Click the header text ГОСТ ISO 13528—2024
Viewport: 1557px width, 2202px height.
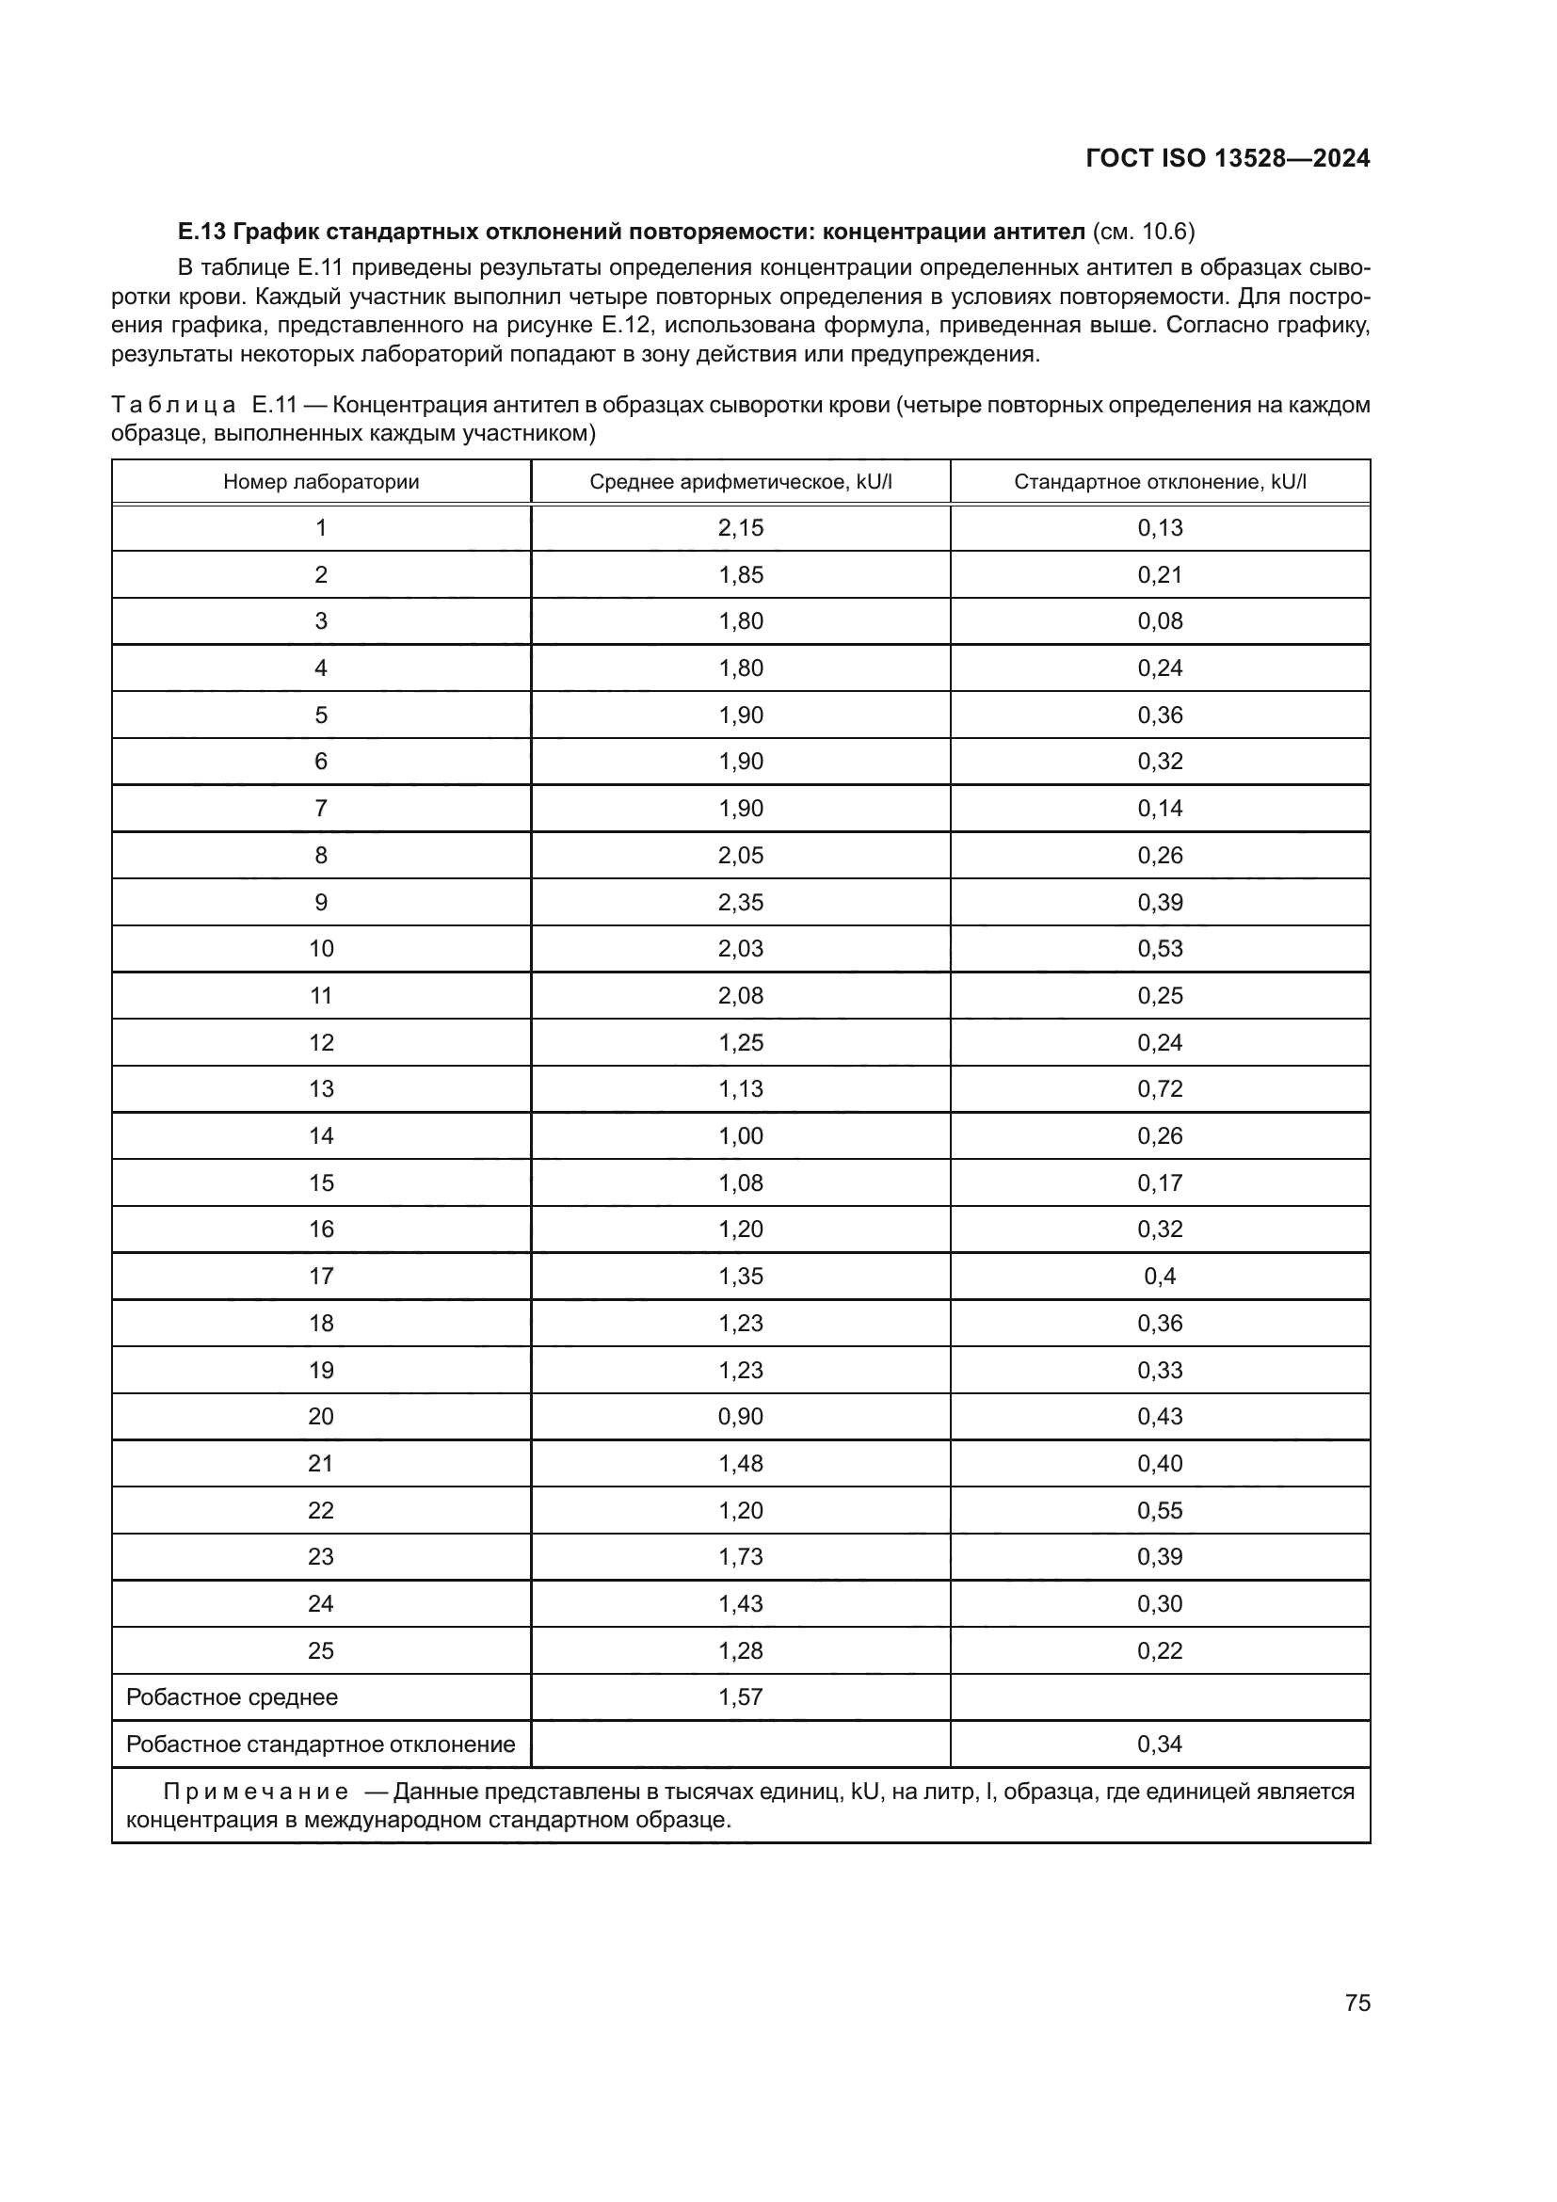click(x=1228, y=158)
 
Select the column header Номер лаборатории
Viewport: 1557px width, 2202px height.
click(x=321, y=481)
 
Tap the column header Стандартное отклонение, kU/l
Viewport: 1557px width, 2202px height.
click(x=1160, y=481)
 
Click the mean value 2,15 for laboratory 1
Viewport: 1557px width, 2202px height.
click(x=740, y=527)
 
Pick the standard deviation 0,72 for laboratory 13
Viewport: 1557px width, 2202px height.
click(x=1160, y=1088)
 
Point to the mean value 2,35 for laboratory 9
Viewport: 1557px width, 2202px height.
click(x=740, y=903)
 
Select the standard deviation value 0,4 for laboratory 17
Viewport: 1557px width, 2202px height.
click(x=1160, y=1277)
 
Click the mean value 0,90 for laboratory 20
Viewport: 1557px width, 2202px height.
click(x=740, y=1417)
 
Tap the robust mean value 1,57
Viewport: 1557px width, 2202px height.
click(x=740, y=1696)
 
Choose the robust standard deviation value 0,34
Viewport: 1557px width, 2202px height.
click(x=1160, y=1744)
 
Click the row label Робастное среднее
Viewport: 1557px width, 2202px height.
click(x=232, y=1696)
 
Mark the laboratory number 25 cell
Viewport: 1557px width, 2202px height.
click(x=321, y=1650)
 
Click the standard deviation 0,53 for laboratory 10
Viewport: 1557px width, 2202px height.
click(x=1160, y=949)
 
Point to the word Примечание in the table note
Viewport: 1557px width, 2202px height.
click(x=255, y=1792)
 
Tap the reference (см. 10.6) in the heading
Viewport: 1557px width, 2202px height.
click(x=1143, y=232)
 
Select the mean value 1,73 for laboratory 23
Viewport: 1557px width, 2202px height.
click(x=740, y=1556)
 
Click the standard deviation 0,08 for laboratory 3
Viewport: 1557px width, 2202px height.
click(x=1160, y=620)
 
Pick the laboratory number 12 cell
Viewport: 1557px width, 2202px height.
click(x=321, y=1042)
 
